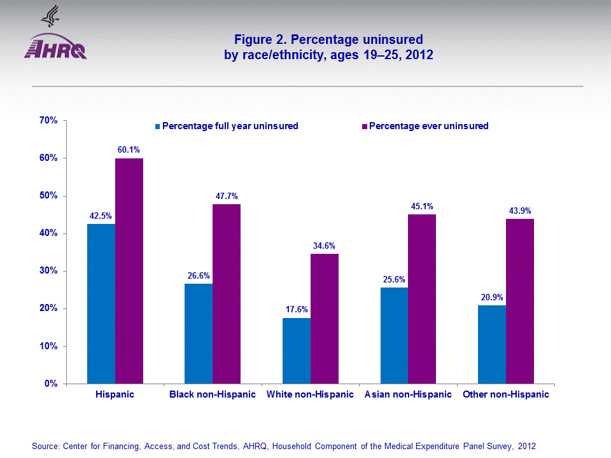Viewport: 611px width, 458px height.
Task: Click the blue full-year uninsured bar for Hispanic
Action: point(101,303)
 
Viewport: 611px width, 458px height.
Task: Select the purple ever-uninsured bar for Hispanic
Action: point(129,271)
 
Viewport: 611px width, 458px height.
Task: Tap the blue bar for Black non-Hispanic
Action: point(199,333)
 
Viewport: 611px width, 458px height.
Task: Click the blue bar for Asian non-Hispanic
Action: point(394,335)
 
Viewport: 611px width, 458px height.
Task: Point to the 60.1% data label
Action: point(129,149)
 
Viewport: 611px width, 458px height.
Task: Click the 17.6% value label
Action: point(297,310)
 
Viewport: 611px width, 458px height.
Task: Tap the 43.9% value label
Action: point(520,211)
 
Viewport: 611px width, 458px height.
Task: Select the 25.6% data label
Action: point(394,279)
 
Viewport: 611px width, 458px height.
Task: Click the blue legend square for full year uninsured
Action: point(157,126)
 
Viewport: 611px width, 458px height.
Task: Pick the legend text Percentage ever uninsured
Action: point(429,126)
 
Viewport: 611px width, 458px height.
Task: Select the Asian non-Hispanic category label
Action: point(408,394)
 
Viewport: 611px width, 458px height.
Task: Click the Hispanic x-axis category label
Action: point(115,394)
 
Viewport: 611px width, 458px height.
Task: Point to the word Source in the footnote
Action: point(45,447)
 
